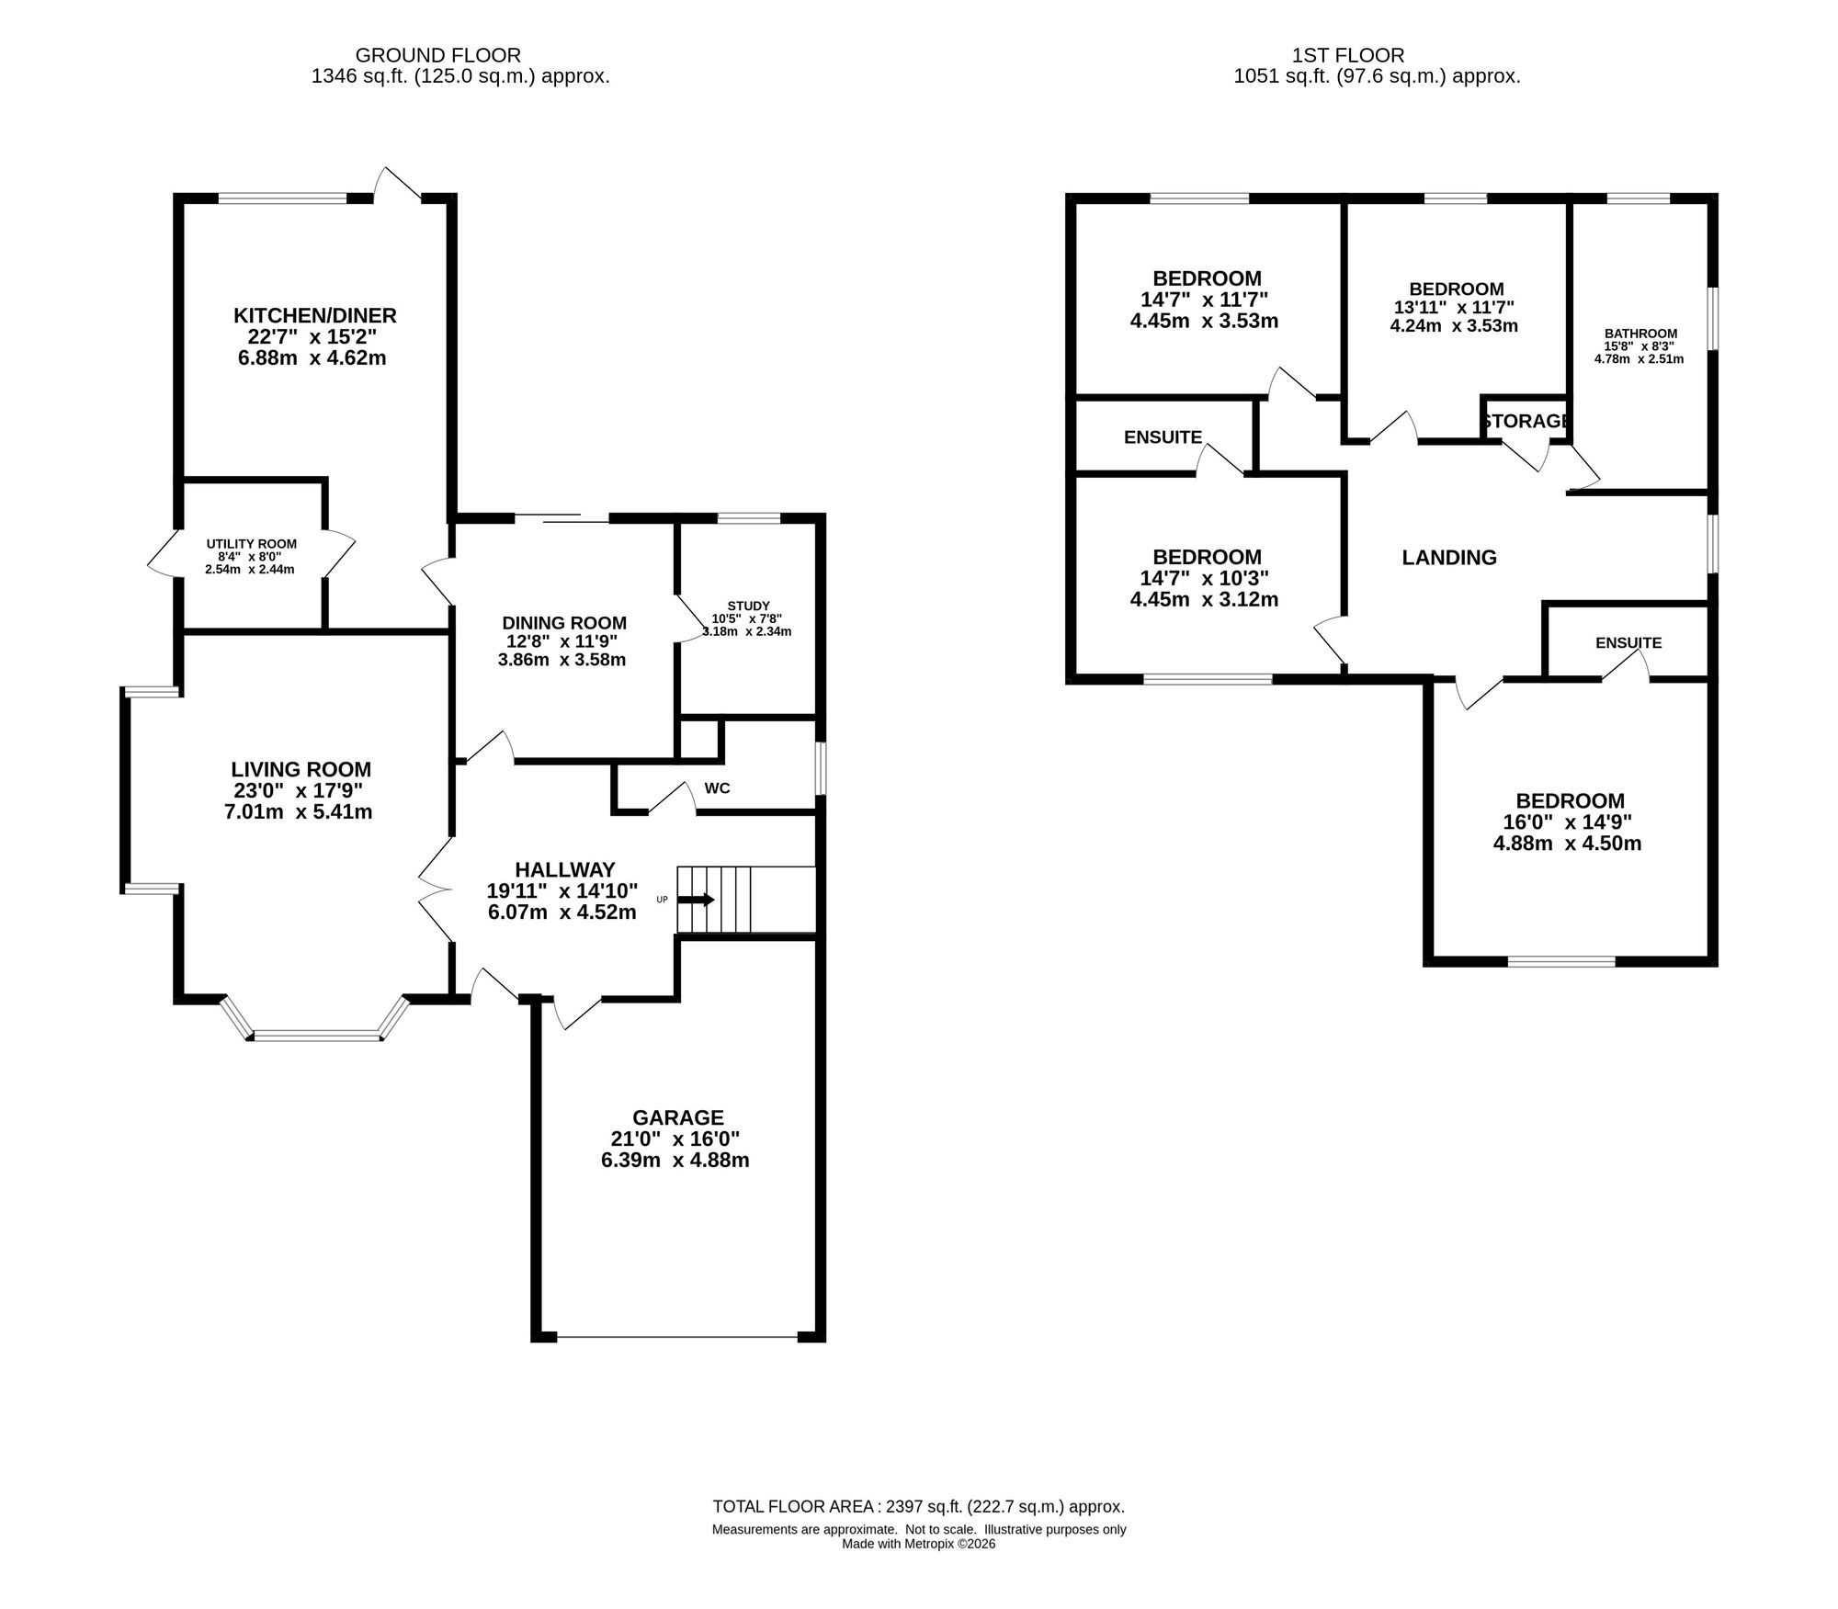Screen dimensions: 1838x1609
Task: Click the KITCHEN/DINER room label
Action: (315, 316)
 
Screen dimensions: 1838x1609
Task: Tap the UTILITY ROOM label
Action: (252, 544)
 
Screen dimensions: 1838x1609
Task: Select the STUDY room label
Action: (748, 606)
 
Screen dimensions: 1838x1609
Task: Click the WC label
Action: (717, 788)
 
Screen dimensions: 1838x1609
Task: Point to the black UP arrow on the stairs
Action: (696, 900)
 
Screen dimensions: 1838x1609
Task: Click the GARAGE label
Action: (678, 1118)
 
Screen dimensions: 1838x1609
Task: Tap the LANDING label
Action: (1449, 558)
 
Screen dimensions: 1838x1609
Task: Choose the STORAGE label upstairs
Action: (1526, 421)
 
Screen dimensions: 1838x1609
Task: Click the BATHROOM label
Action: (1640, 334)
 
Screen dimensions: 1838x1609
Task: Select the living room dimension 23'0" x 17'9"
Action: (298, 791)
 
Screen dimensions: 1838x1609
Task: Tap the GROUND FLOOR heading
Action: (438, 55)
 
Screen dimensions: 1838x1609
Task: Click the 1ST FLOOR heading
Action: (1348, 55)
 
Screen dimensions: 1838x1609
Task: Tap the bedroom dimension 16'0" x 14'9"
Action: (1567, 822)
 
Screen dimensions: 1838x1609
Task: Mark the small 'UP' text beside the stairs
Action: (662, 900)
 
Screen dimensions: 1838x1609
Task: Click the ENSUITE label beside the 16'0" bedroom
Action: (1628, 643)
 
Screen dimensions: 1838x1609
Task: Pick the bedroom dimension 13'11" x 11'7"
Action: (1454, 308)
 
